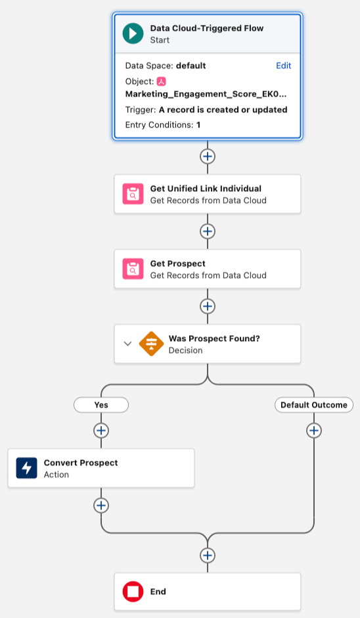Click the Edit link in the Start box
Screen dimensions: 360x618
point(283,66)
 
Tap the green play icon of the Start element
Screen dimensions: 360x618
point(133,34)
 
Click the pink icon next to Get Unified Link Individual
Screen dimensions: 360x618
point(133,194)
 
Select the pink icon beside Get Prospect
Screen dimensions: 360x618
point(133,269)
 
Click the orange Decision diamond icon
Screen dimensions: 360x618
point(151,344)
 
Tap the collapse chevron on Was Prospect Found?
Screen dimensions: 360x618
point(127,344)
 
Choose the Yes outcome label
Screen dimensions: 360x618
point(101,405)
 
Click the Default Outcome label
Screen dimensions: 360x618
point(314,405)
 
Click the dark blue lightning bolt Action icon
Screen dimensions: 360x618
point(26,468)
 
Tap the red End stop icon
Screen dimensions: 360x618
point(133,592)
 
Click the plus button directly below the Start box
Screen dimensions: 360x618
point(208,156)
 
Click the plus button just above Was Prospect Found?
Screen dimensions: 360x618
point(208,306)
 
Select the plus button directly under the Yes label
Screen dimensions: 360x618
point(101,431)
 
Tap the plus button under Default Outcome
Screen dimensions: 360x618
point(314,431)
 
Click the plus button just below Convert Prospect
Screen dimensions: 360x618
point(101,506)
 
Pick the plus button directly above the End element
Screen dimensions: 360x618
point(208,556)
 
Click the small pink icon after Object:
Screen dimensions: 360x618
point(162,82)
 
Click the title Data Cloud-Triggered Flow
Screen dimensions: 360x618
point(207,28)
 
